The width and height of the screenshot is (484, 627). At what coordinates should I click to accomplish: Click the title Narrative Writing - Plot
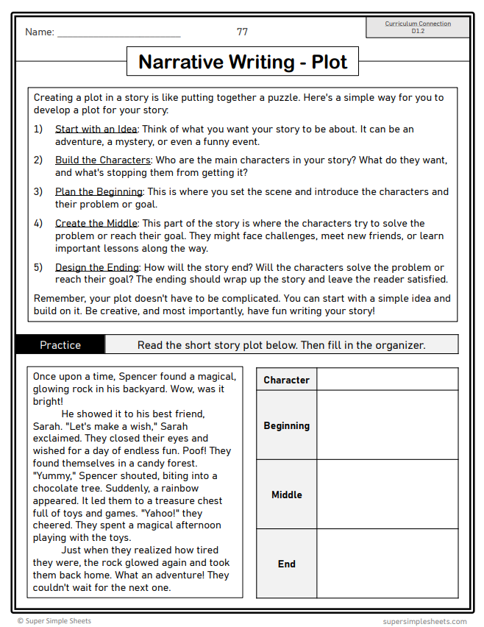coord(242,62)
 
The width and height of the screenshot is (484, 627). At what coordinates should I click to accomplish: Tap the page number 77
coord(242,32)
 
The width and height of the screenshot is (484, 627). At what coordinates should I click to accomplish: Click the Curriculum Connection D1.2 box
coord(418,27)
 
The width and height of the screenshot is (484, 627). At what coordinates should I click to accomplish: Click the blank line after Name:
coord(118,33)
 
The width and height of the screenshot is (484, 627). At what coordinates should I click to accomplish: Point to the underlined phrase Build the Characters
coord(103,160)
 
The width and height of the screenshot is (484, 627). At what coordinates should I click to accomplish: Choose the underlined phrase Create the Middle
coord(96,223)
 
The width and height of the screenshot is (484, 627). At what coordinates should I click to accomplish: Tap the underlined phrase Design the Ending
coord(97,267)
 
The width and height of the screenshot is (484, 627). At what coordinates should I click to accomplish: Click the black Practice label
coord(60,344)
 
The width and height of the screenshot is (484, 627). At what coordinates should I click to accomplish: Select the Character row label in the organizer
coord(286,380)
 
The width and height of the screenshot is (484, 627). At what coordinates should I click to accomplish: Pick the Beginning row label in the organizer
coord(286,425)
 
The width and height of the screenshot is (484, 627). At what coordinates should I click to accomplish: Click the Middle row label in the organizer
coord(286,495)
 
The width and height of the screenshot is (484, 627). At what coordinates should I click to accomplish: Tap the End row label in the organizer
coord(286,564)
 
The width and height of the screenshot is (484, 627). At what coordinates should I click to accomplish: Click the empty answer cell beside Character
coord(388,380)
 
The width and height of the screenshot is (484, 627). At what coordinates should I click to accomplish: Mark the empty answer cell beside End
coord(388,564)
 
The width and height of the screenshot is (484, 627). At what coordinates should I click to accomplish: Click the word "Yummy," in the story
coord(54,476)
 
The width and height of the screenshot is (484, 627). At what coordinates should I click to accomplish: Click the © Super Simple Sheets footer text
coord(54,621)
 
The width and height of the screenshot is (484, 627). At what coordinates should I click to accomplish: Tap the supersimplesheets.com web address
coord(424,621)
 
